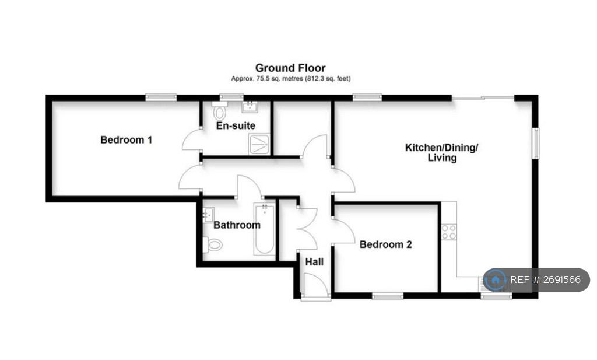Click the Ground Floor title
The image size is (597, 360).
290,68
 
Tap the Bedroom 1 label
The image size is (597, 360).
126,140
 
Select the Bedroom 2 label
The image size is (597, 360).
386,244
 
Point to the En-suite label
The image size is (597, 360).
236,125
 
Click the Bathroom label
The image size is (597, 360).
237,225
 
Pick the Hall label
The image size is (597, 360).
314,262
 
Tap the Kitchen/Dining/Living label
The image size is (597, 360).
442,152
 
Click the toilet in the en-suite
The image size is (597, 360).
219,111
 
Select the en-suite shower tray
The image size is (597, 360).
259,144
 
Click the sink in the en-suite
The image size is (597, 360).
250,107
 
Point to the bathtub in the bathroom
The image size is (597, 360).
264,229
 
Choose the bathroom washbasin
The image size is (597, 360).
208,215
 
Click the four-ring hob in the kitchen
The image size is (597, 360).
449,232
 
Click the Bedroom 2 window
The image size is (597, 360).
388,296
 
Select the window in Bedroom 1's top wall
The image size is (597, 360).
161,97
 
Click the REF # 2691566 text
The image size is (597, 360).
545,279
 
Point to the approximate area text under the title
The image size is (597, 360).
291,78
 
